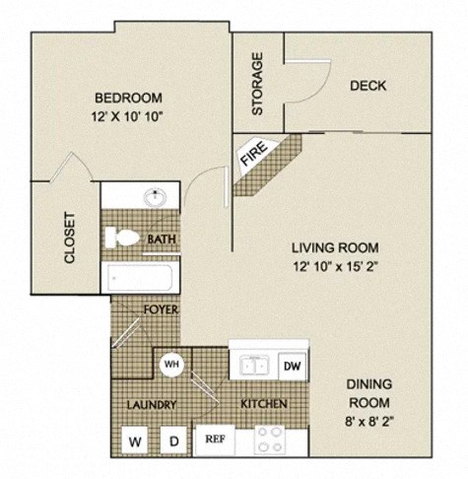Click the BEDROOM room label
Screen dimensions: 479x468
(128, 98)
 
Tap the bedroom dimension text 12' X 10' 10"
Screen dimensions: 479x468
(128, 115)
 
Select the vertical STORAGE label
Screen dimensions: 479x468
(258, 84)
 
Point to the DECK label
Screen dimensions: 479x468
(368, 86)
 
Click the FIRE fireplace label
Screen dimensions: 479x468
(253, 157)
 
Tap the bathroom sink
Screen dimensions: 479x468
(155, 196)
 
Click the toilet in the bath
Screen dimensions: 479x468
(123, 238)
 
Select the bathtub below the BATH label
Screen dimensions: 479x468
(142, 278)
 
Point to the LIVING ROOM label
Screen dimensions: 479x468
(334, 247)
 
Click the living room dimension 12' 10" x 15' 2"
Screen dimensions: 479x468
(334, 266)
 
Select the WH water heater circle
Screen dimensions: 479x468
(170, 363)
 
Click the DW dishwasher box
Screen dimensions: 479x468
(292, 366)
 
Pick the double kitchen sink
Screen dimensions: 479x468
(252, 365)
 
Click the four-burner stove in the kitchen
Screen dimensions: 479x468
(269, 440)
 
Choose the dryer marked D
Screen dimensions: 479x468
(172, 441)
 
